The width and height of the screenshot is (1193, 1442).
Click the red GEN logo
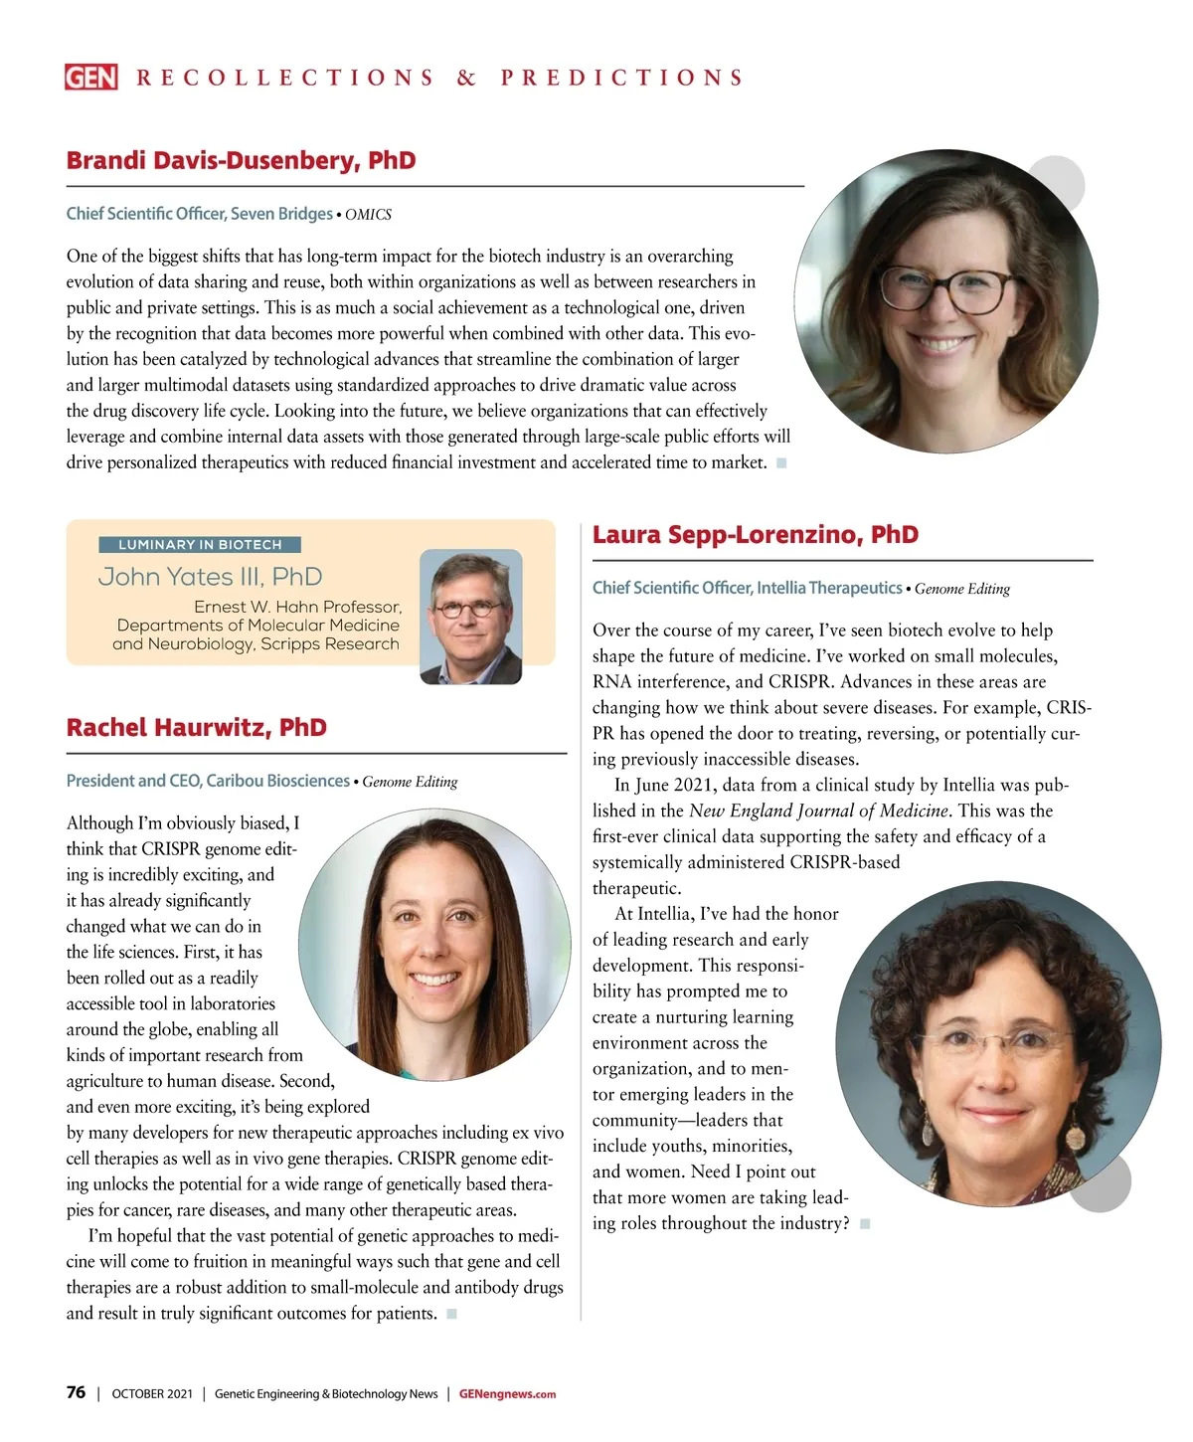pyautogui.click(x=90, y=77)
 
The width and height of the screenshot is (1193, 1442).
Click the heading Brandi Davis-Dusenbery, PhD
pyautogui.click(x=241, y=160)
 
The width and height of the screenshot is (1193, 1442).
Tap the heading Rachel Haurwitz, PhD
pyautogui.click(x=196, y=727)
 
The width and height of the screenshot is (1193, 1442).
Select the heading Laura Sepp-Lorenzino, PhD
pyautogui.click(x=755, y=534)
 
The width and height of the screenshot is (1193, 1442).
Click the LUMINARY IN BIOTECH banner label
pyautogui.click(x=200, y=544)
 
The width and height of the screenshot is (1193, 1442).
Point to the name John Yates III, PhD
pyautogui.click(x=210, y=577)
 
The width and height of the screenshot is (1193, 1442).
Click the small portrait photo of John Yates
pyautogui.click(x=470, y=616)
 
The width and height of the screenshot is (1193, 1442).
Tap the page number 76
pyautogui.click(x=76, y=1392)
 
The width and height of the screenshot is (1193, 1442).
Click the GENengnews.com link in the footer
pyautogui.click(x=507, y=1394)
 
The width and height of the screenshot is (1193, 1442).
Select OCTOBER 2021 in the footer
pyautogui.click(x=152, y=1394)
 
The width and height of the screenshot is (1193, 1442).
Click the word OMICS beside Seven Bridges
pyautogui.click(x=368, y=215)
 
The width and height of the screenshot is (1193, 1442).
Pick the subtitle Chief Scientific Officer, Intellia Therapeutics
pyautogui.click(x=747, y=588)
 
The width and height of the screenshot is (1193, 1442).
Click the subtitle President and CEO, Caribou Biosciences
pyautogui.click(x=208, y=781)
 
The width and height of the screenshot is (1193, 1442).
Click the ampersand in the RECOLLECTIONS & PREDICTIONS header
pyautogui.click(x=466, y=78)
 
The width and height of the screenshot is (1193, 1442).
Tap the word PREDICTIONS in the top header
pyautogui.click(x=622, y=78)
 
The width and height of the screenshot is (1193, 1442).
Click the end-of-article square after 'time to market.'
pyautogui.click(x=781, y=462)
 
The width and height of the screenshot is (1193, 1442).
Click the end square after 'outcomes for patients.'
pyautogui.click(x=451, y=1314)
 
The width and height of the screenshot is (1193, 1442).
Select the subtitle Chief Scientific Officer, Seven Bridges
pyautogui.click(x=199, y=214)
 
